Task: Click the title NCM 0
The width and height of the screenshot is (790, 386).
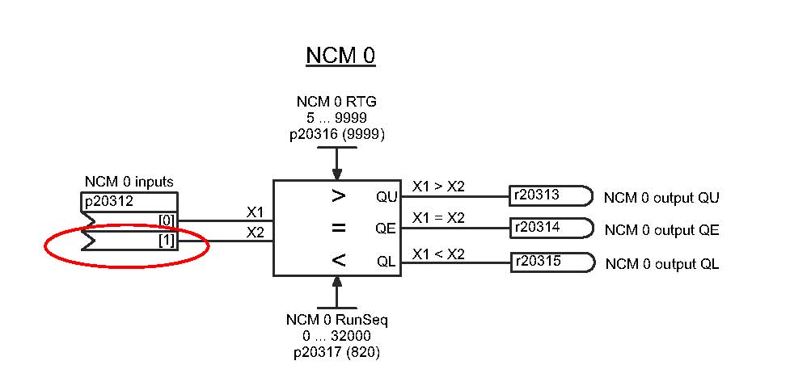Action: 340,57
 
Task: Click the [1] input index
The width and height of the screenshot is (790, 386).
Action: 167,241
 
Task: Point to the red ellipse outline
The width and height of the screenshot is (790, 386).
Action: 46,245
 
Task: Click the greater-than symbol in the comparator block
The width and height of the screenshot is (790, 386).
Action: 339,196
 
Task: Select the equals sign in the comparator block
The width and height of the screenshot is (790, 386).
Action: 339,229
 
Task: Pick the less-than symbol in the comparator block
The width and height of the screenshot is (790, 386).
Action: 339,260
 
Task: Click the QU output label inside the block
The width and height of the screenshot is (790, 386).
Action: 387,196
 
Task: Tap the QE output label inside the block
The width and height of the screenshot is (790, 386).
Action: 387,229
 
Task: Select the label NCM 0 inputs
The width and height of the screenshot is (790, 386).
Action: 129,182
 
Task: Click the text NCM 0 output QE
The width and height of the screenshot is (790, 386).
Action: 661,231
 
